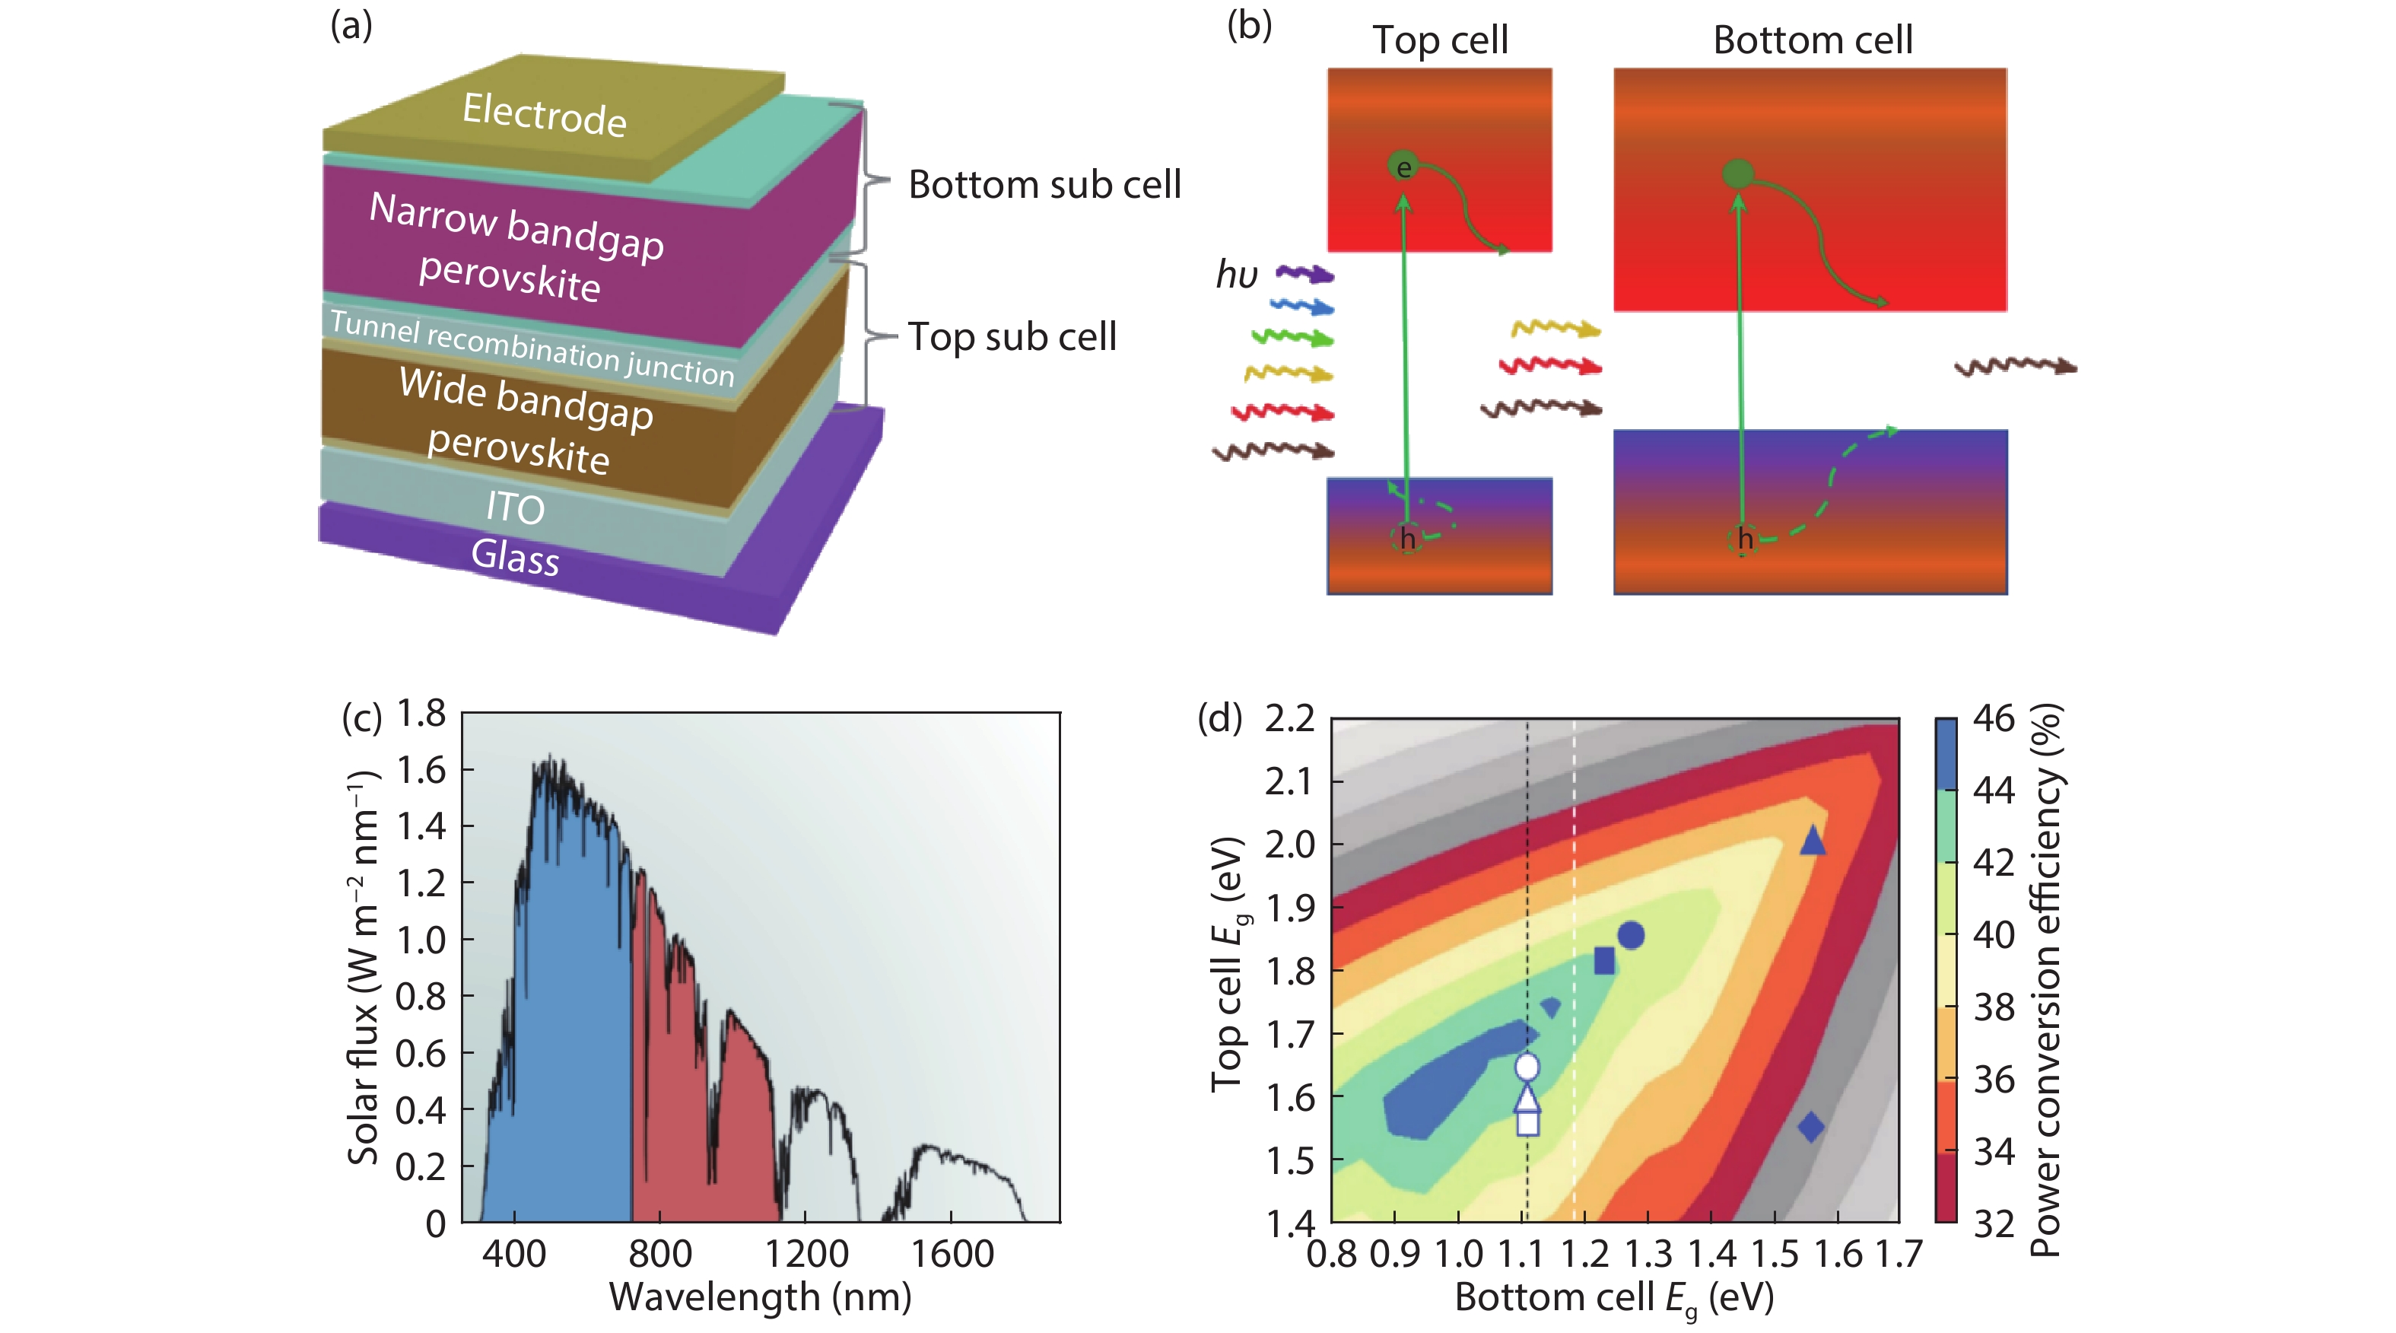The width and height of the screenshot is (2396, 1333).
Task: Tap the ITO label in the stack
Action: (515, 508)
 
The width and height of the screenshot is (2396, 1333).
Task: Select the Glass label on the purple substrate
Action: (515, 556)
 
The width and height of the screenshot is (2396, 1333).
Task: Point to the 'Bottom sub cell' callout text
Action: (1044, 184)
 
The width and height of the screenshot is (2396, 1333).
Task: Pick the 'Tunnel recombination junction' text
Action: (532, 348)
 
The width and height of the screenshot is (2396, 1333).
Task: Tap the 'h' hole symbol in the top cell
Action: (1407, 539)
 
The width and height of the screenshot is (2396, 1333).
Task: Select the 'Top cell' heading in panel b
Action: (1440, 40)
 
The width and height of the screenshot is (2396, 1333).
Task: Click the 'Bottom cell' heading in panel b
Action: (1812, 40)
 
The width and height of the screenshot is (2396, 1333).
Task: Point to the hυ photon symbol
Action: (1237, 275)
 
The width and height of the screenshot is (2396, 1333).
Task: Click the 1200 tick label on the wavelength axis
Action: (806, 1254)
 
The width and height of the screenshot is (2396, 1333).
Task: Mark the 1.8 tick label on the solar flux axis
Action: (421, 714)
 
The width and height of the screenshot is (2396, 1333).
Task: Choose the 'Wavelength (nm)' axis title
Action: (760, 1296)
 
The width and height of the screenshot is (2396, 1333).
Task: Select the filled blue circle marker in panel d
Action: (1631, 935)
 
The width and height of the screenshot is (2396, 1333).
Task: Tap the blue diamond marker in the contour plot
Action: (1810, 1128)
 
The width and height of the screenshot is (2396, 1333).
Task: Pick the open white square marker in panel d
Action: (1527, 1123)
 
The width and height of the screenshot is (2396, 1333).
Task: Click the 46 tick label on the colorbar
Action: (1994, 718)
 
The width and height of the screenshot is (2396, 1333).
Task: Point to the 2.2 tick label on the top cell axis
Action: (1290, 718)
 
